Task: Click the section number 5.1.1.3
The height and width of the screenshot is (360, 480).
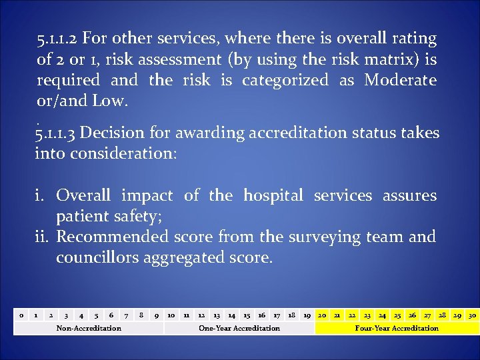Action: point(57,133)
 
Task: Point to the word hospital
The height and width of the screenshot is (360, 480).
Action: point(273,195)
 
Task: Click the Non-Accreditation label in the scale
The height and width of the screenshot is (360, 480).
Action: point(89,328)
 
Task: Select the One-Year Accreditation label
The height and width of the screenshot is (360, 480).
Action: point(239,328)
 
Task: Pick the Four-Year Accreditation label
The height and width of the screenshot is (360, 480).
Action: point(397,328)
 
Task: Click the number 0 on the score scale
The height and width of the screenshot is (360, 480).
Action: point(21,315)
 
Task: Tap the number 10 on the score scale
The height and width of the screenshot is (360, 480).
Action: point(171,315)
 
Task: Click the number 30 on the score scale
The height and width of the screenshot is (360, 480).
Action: point(472,315)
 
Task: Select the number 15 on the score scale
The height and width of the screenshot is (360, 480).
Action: point(247,315)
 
